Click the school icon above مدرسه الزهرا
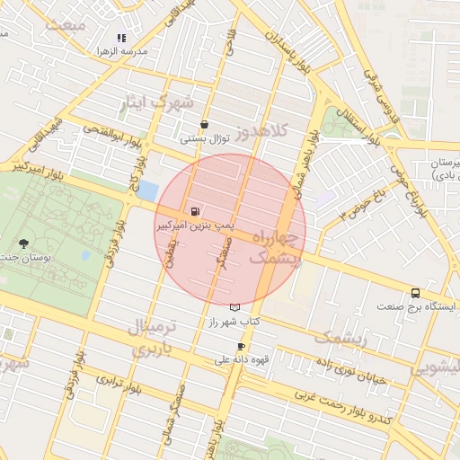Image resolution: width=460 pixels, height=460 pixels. click(121, 38)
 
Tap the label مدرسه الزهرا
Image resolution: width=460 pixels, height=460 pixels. click(121, 52)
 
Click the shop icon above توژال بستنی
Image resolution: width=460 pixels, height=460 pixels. click(204, 125)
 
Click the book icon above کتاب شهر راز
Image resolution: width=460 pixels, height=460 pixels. click(235, 307)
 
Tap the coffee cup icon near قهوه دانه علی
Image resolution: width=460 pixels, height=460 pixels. click(241, 347)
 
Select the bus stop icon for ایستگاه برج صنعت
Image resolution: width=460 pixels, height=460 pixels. click(415, 293)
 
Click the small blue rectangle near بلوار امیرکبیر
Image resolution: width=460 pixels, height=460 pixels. click(147, 190)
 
